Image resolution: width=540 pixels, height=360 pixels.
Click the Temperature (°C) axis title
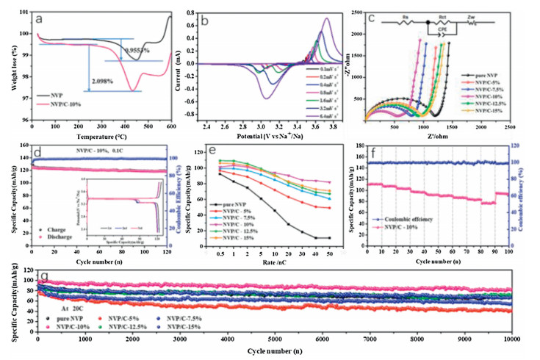101,136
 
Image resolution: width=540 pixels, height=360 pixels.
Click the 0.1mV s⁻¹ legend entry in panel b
322,68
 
